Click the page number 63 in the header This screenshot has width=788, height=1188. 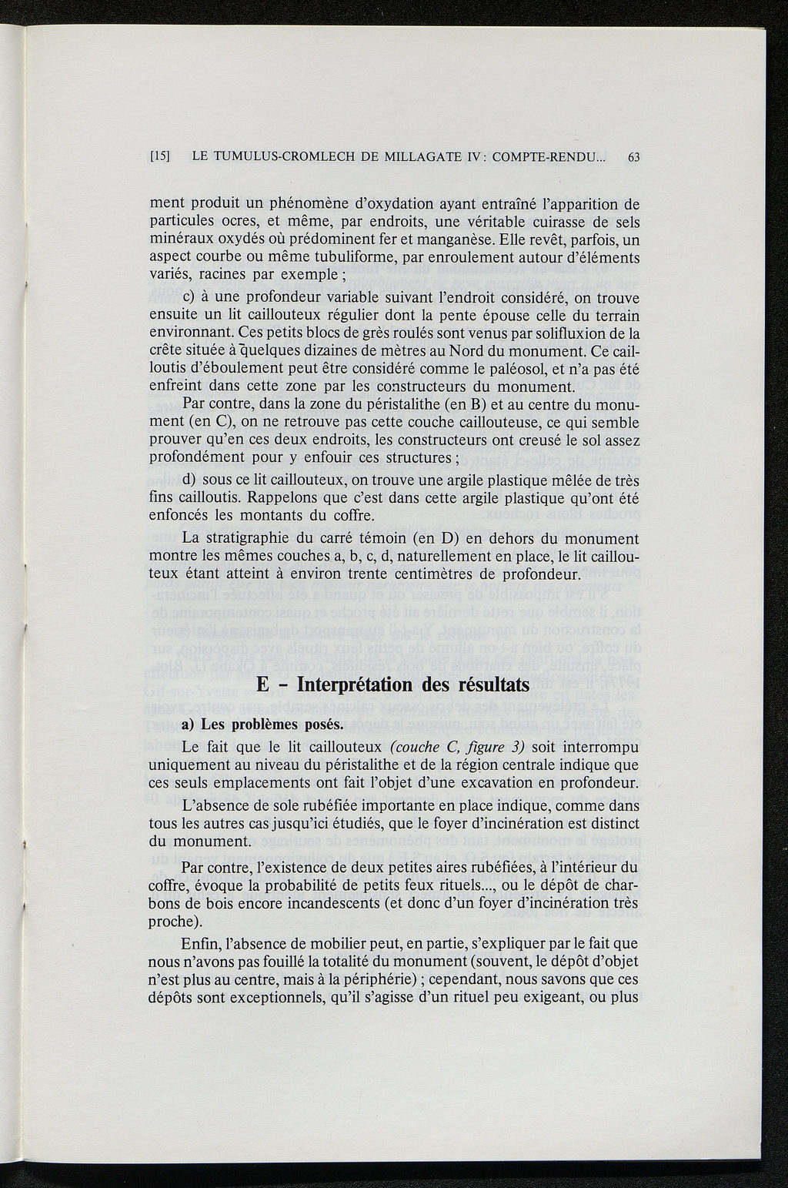click(x=634, y=157)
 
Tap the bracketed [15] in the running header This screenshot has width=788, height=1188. click(x=160, y=157)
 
